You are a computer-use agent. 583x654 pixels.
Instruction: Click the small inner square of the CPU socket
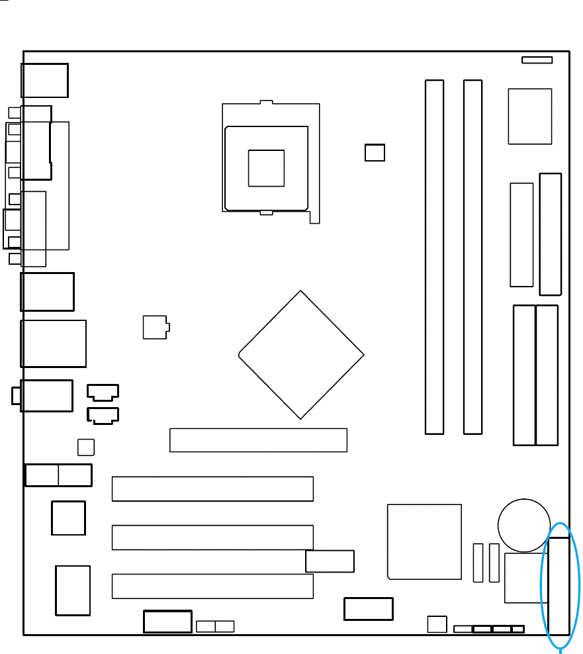(266, 168)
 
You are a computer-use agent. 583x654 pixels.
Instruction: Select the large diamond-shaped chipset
(301, 354)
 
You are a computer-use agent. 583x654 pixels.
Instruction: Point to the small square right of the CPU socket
(375, 152)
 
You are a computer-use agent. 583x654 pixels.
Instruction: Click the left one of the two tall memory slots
(434, 257)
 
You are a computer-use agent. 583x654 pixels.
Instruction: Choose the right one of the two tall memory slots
(472, 257)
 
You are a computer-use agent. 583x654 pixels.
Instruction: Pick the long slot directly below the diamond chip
(258, 440)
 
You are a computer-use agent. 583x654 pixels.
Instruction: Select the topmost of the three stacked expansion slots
(212, 489)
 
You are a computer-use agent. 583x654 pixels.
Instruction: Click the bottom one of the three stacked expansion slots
(212, 586)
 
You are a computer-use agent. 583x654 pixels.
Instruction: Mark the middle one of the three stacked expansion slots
(212, 537)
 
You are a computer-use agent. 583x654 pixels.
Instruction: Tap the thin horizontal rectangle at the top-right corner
(537, 60)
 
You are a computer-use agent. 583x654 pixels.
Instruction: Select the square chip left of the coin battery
(424, 541)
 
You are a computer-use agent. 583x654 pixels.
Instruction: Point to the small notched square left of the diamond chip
(156, 327)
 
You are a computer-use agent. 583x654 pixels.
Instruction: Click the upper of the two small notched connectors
(103, 393)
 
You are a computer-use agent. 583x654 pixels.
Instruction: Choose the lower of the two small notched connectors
(103, 416)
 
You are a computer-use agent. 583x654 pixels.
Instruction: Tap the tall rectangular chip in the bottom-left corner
(73, 590)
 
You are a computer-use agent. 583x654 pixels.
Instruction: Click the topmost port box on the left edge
(45, 80)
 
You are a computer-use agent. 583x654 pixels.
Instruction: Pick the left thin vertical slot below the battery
(478, 563)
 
